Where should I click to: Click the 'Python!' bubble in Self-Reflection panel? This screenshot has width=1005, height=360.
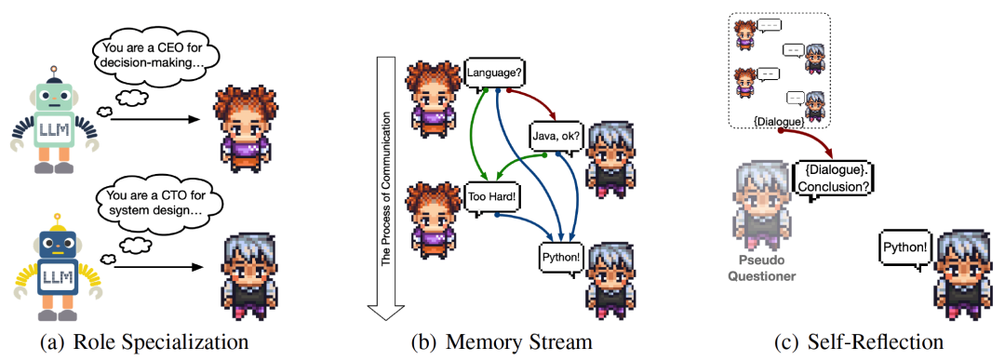tap(904, 247)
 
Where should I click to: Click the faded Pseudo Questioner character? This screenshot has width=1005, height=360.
tap(762, 197)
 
